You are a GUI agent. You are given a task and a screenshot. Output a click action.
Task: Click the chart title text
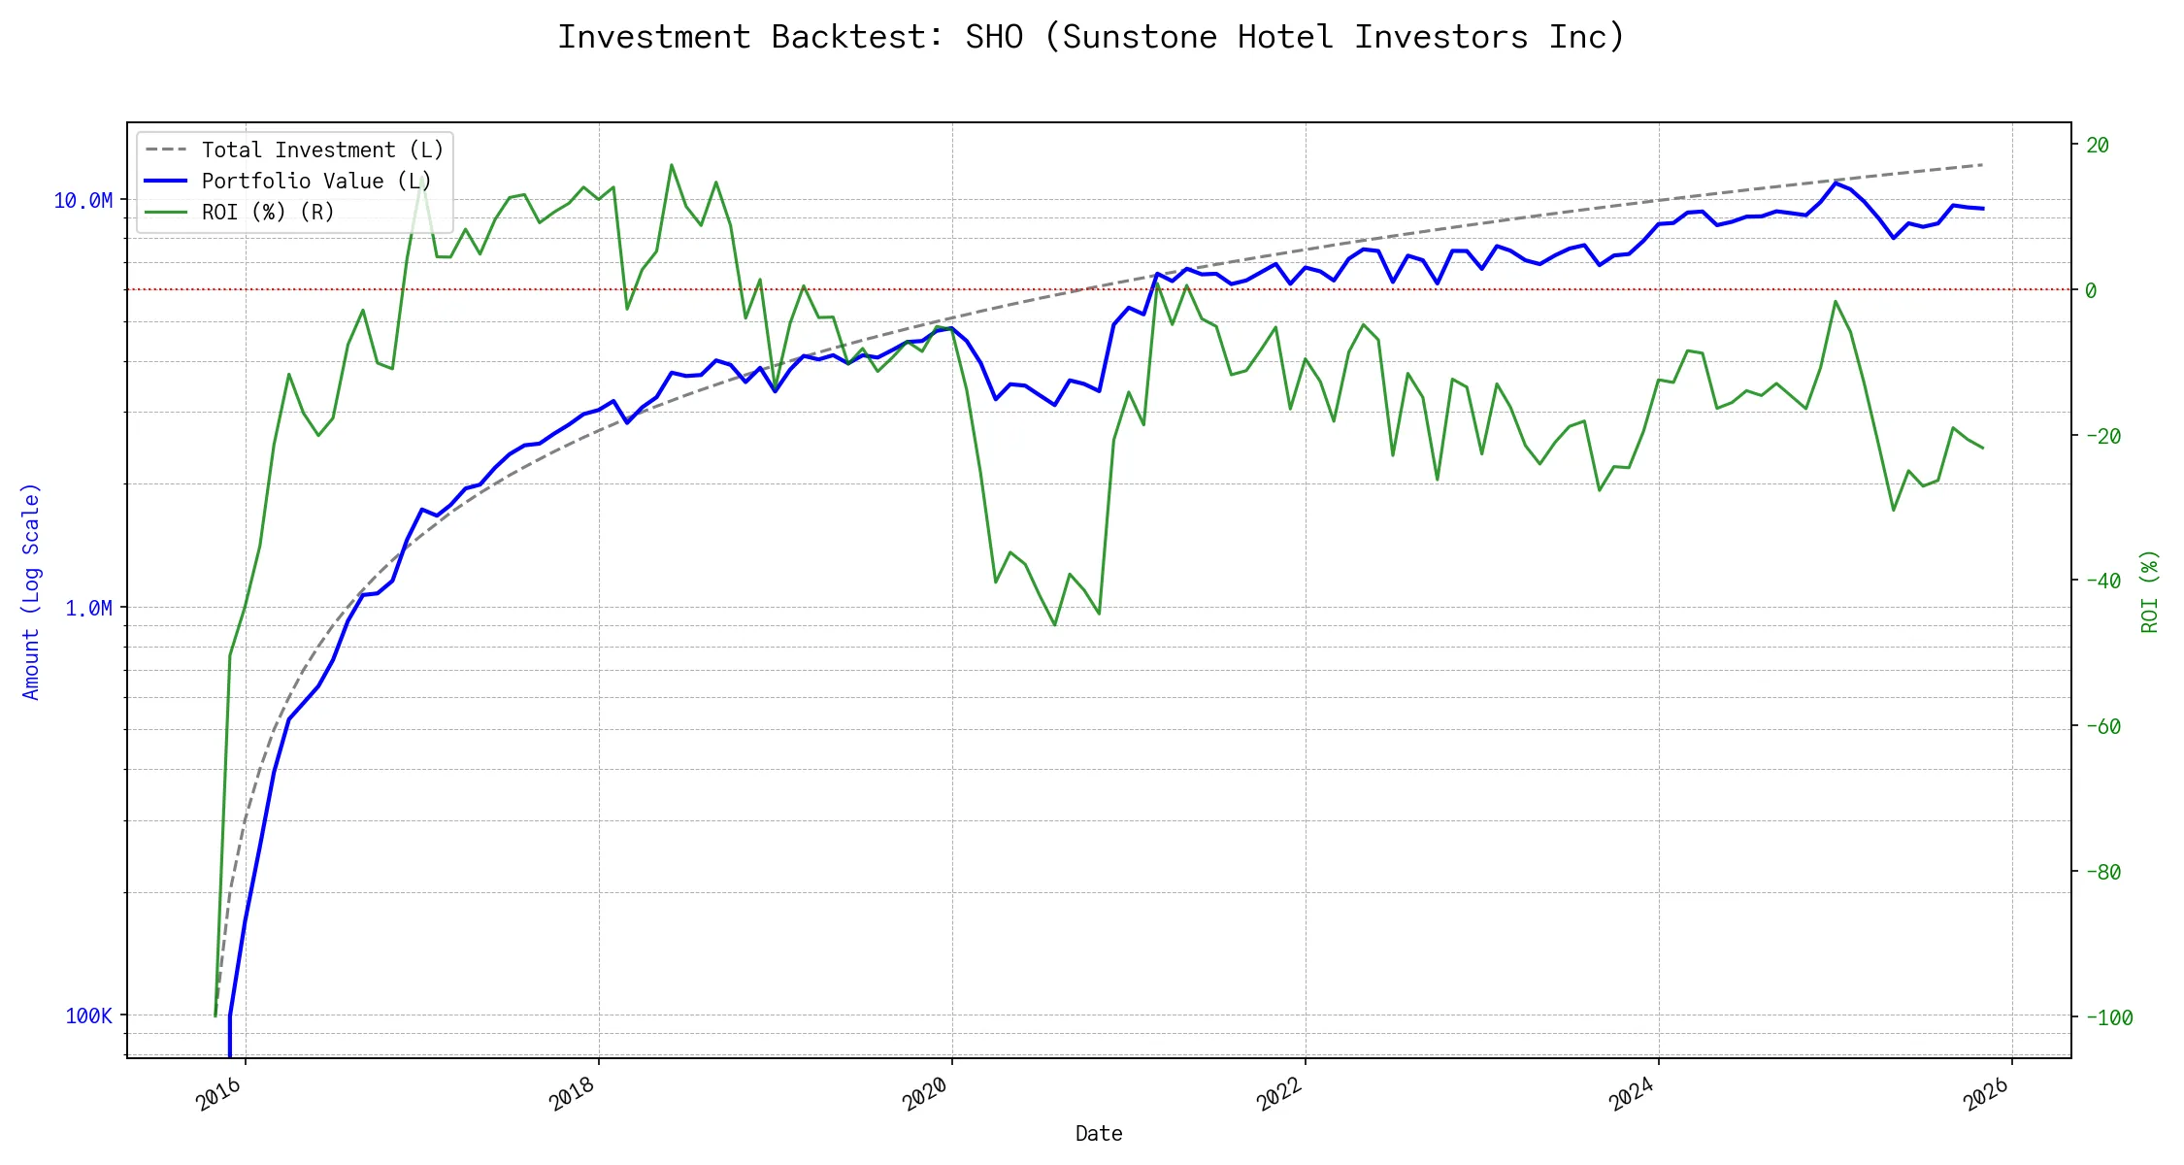coord(1091,37)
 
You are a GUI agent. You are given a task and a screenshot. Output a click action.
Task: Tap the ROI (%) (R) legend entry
coord(268,213)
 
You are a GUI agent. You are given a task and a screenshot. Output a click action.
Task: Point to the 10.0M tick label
coord(83,201)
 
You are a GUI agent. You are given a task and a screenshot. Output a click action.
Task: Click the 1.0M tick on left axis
coord(88,609)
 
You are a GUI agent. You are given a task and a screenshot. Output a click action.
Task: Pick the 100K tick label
coord(88,1016)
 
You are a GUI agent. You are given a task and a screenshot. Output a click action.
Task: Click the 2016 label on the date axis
coord(219,1094)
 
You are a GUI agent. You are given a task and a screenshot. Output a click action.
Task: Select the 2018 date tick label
coord(573,1094)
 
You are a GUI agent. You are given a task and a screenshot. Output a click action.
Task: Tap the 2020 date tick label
coord(926,1094)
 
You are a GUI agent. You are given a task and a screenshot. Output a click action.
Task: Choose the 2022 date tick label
coord(1279,1094)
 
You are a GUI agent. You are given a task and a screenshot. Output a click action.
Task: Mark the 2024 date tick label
coord(1633,1094)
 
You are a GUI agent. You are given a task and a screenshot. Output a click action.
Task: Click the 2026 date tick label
coord(1986,1094)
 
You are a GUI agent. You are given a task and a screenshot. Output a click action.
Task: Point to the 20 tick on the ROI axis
coord(2098,146)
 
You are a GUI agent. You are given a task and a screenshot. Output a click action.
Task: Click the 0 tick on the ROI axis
coord(2091,290)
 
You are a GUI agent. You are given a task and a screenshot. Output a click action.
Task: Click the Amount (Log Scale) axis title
coord(31,591)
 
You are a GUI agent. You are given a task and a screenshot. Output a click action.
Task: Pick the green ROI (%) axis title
coord(2150,591)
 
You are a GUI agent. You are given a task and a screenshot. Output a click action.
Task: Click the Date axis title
coord(1099,1134)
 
